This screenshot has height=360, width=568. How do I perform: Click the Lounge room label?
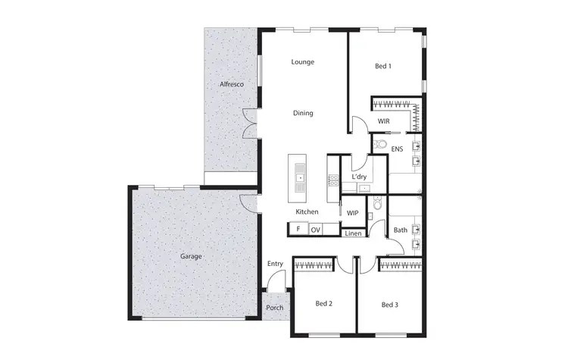pos(303,62)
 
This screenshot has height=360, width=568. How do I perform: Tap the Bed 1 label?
pos(383,67)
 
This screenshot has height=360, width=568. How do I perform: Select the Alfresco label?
pos(231,84)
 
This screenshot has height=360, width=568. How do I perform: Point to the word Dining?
pos(303,113)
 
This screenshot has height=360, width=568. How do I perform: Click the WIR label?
pos(383,121)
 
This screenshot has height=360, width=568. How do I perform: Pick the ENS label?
pos(397,149)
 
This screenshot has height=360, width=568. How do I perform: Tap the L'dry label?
pos(360,177)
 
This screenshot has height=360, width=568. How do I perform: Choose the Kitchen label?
pos(307,211)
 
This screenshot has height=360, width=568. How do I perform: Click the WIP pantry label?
pos(352,213)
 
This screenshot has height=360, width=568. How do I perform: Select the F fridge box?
pos(298,229)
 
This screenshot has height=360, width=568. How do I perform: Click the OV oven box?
pos(316,229)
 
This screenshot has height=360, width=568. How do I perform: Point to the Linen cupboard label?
pos(353,233)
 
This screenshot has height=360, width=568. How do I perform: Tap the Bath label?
pos(400,230)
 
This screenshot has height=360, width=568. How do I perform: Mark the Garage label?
pos(191,256)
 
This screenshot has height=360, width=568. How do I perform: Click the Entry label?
pos(275,264)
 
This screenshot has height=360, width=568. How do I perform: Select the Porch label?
pos(274,308)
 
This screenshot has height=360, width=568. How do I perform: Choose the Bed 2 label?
pos(324,304)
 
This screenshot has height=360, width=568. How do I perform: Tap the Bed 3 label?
pos(389,305)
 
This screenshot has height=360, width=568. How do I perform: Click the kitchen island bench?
pos(300,179)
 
